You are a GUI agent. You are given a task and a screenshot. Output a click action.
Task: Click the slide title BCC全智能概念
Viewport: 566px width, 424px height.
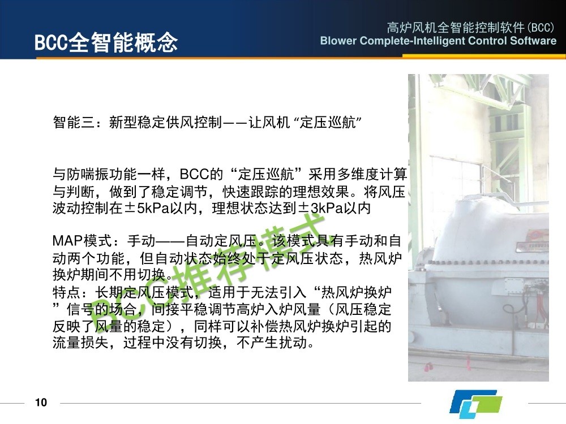[106, 42]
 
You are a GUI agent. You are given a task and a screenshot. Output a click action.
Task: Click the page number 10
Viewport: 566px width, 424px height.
[41, 403]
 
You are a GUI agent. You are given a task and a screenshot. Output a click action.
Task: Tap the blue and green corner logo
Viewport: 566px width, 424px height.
[475, 402]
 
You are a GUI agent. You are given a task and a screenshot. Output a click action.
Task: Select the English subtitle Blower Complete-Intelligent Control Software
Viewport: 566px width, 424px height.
[438, 41]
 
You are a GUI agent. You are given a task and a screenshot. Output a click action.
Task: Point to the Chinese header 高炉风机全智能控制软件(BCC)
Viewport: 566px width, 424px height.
[470, 27]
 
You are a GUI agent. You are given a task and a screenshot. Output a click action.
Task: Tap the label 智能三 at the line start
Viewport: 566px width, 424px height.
[74, 122]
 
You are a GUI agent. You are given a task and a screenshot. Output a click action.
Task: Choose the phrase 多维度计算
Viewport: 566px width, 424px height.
[372, 174]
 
